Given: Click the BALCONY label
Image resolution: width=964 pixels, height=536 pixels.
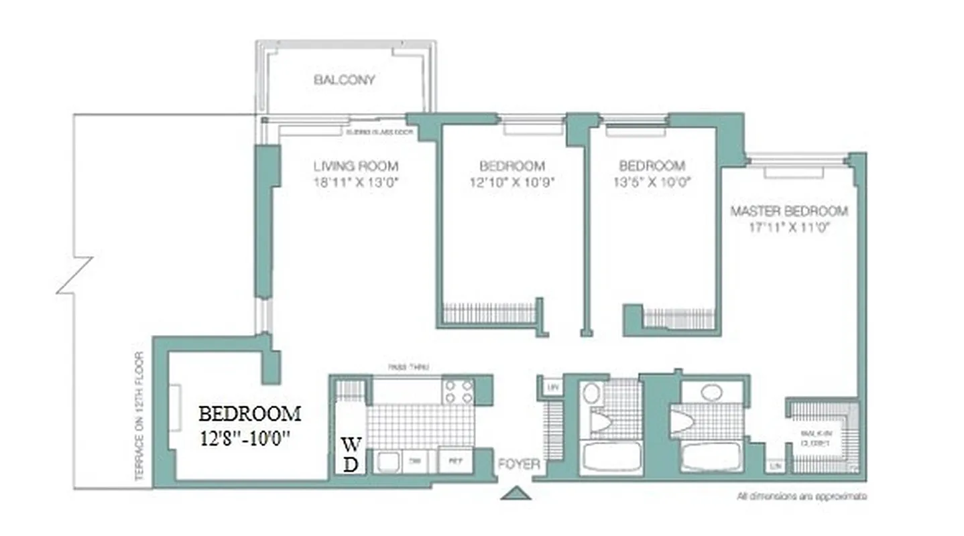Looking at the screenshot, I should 345,80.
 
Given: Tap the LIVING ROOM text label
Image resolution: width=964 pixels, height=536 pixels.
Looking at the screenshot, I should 355,166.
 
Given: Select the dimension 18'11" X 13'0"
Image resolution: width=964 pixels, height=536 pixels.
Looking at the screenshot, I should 355,182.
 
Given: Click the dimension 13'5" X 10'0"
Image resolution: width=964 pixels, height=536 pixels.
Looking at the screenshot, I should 652,182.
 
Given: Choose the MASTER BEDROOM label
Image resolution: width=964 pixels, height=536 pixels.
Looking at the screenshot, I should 789,212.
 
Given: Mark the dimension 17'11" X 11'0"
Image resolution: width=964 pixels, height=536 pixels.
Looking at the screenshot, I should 789,227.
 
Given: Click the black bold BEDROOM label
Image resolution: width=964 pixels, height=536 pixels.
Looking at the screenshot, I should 249,413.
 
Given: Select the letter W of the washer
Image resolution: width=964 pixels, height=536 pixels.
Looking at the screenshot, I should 350,444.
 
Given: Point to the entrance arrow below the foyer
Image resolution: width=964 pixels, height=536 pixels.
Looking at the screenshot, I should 516,494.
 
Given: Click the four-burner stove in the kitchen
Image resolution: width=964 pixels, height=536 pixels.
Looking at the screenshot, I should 459,391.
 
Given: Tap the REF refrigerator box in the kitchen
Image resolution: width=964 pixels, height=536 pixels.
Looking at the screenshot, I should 455,462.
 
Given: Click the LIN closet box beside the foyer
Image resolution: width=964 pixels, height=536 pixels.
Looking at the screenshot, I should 552,387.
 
